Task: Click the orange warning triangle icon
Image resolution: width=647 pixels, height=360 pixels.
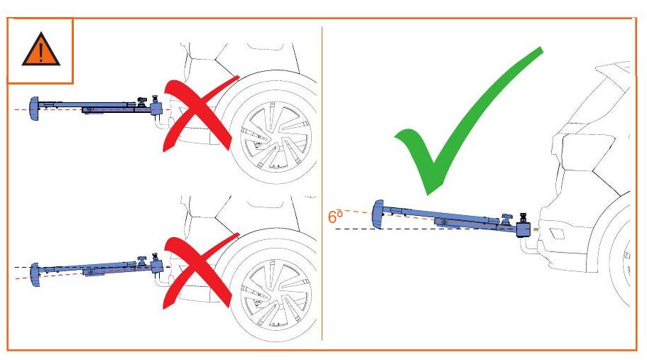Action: click(41, 50)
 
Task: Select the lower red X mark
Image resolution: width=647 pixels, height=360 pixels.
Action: click(198, 272)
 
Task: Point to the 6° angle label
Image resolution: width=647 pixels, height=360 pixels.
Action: click(335, 217)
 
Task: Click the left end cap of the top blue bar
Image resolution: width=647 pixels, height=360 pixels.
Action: click(33, 109)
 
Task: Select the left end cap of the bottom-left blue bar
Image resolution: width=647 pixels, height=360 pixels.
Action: click(35, 275)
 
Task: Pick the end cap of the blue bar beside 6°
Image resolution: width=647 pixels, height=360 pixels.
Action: click(377, 214)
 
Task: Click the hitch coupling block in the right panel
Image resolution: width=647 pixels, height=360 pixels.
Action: click(523, 229)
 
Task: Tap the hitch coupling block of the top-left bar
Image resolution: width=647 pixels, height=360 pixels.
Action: click(156, 109)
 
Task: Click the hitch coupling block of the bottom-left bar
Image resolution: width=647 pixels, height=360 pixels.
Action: click(157, 266)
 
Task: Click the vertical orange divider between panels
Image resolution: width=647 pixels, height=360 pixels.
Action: click(322, 183)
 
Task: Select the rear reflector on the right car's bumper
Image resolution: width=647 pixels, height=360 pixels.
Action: click(558, 234)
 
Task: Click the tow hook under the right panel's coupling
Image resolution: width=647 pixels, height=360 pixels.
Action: click(528, 246)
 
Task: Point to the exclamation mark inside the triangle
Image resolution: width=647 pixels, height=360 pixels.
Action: click(40, 53)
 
